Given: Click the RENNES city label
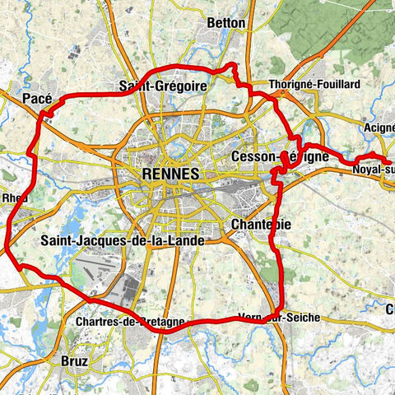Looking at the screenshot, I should point(170,174).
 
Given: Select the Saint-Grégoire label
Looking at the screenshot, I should point(162,85).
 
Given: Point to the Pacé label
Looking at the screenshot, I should point(38,99).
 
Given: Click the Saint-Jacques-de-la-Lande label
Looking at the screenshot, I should point(122,240).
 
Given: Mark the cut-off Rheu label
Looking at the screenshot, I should point(14,198).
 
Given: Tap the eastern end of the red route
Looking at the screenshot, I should point(389,160).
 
